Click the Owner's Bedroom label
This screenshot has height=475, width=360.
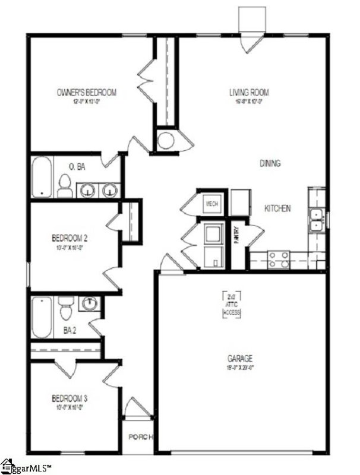coord(86,93)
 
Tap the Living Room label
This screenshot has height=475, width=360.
coord(249,93)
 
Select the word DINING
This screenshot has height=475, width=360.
coord(270,163)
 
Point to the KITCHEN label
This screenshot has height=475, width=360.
coord(277,208)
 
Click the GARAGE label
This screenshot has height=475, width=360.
coord(240,359)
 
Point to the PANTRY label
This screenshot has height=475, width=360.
coord(236,232)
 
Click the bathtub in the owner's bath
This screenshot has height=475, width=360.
coord(42,177)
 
